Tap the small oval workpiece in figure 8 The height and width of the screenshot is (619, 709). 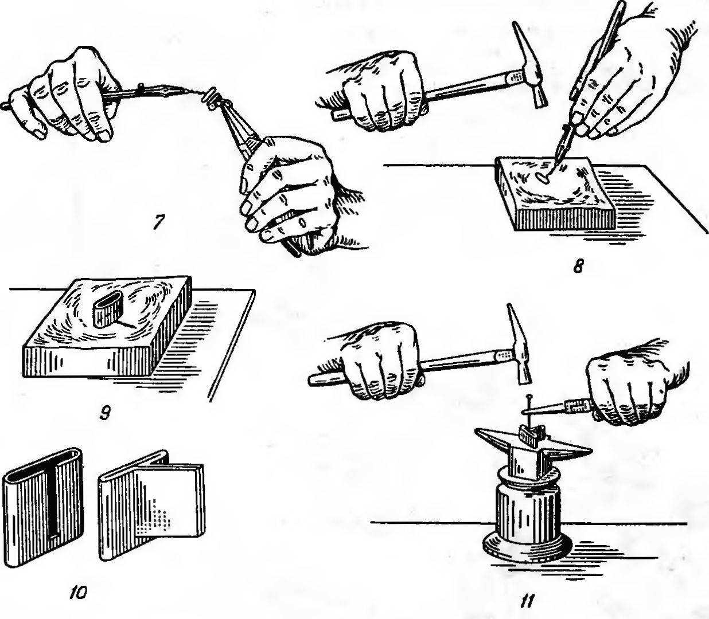[x=542, y=178]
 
